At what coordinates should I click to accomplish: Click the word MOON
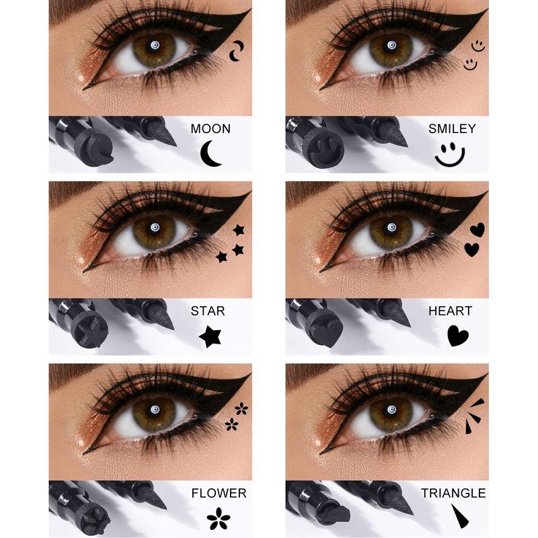[x=210, y=128]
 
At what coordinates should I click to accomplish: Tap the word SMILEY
[x=452, y=128]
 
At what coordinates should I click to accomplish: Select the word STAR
[x=208, y=311]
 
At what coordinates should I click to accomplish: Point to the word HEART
[x=450, y=311]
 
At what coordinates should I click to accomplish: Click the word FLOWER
[x=219, y=493]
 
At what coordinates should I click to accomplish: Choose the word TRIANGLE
[x=453, y=493]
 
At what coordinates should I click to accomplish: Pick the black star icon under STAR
[x=210, y=336]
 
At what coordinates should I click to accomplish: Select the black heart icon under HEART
[x=458, y=336]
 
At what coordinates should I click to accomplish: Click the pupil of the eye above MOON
[x=155, y=45]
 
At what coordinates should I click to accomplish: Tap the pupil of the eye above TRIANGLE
[x=391, y=410]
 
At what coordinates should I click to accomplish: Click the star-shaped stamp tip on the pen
[x=89, y=330]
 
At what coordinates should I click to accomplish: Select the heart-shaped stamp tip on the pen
[x=325, y=330]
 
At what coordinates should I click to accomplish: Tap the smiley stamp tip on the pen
[x=323, y=148]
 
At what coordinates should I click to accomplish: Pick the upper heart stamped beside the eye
[x=477, y=229]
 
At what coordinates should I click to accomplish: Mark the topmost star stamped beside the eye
[x=239, y=230]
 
